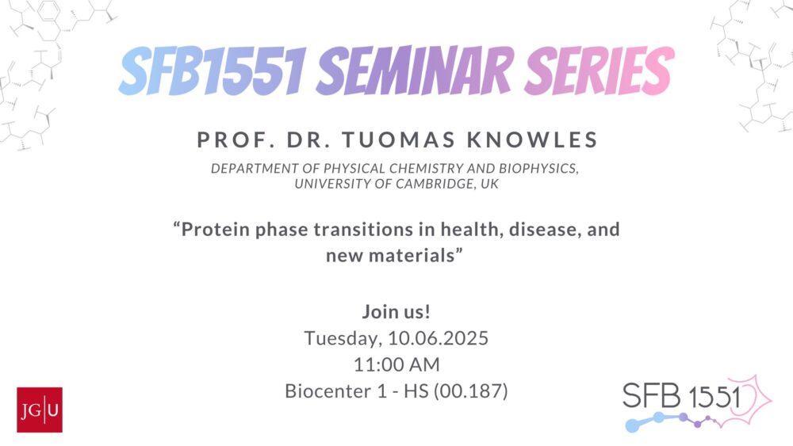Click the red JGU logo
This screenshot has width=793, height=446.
[40, 410]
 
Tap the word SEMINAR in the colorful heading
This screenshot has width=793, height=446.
[416, 71]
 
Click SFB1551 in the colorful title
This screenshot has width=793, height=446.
[213, 71]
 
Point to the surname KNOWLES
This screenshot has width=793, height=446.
[533, 140]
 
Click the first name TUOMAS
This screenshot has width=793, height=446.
[399, 140]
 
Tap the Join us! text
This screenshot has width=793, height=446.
[396, 311]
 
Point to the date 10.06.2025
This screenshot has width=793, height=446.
[438, 338]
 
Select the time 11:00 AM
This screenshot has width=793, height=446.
[396, 364]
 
